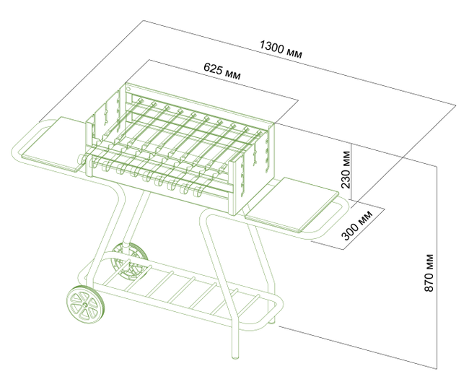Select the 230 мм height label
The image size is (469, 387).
347,168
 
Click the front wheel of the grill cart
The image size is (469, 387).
86,305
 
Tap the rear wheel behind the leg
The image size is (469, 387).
128,260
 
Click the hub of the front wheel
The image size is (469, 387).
86,305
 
